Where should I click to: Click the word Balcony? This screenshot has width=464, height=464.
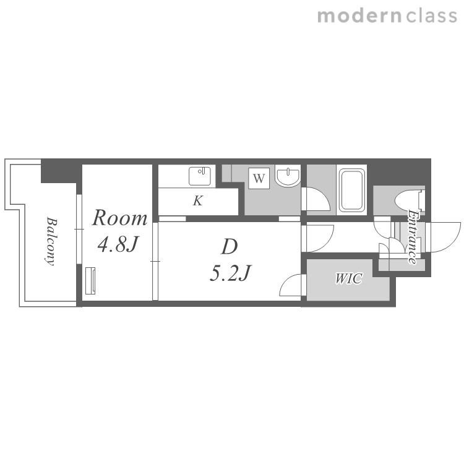tap(51, 241)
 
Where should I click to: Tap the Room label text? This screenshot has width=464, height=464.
tap(119, 218)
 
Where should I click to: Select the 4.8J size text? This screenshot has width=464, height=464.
tap(118, 244)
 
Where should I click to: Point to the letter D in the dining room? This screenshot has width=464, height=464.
tap(230, 247)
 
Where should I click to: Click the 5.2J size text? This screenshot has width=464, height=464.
tap(231, 273)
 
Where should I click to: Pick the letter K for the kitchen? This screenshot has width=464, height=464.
tap(198, 200)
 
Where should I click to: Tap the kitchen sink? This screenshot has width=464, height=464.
tap(200, 176)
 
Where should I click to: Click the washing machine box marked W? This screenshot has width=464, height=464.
tap(259, 178)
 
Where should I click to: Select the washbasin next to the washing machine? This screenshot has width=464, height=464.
tap(288, 176)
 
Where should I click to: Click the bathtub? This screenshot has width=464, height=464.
tap(351, 190)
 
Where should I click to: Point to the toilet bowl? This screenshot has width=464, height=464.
tap(410, 200)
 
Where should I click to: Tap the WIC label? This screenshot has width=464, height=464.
tap(348, 278)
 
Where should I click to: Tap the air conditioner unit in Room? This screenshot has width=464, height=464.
tap(90, 281)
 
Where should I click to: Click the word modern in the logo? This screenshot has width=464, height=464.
tap(359, 16)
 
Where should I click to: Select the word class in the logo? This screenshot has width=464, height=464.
tap(431, 16)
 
